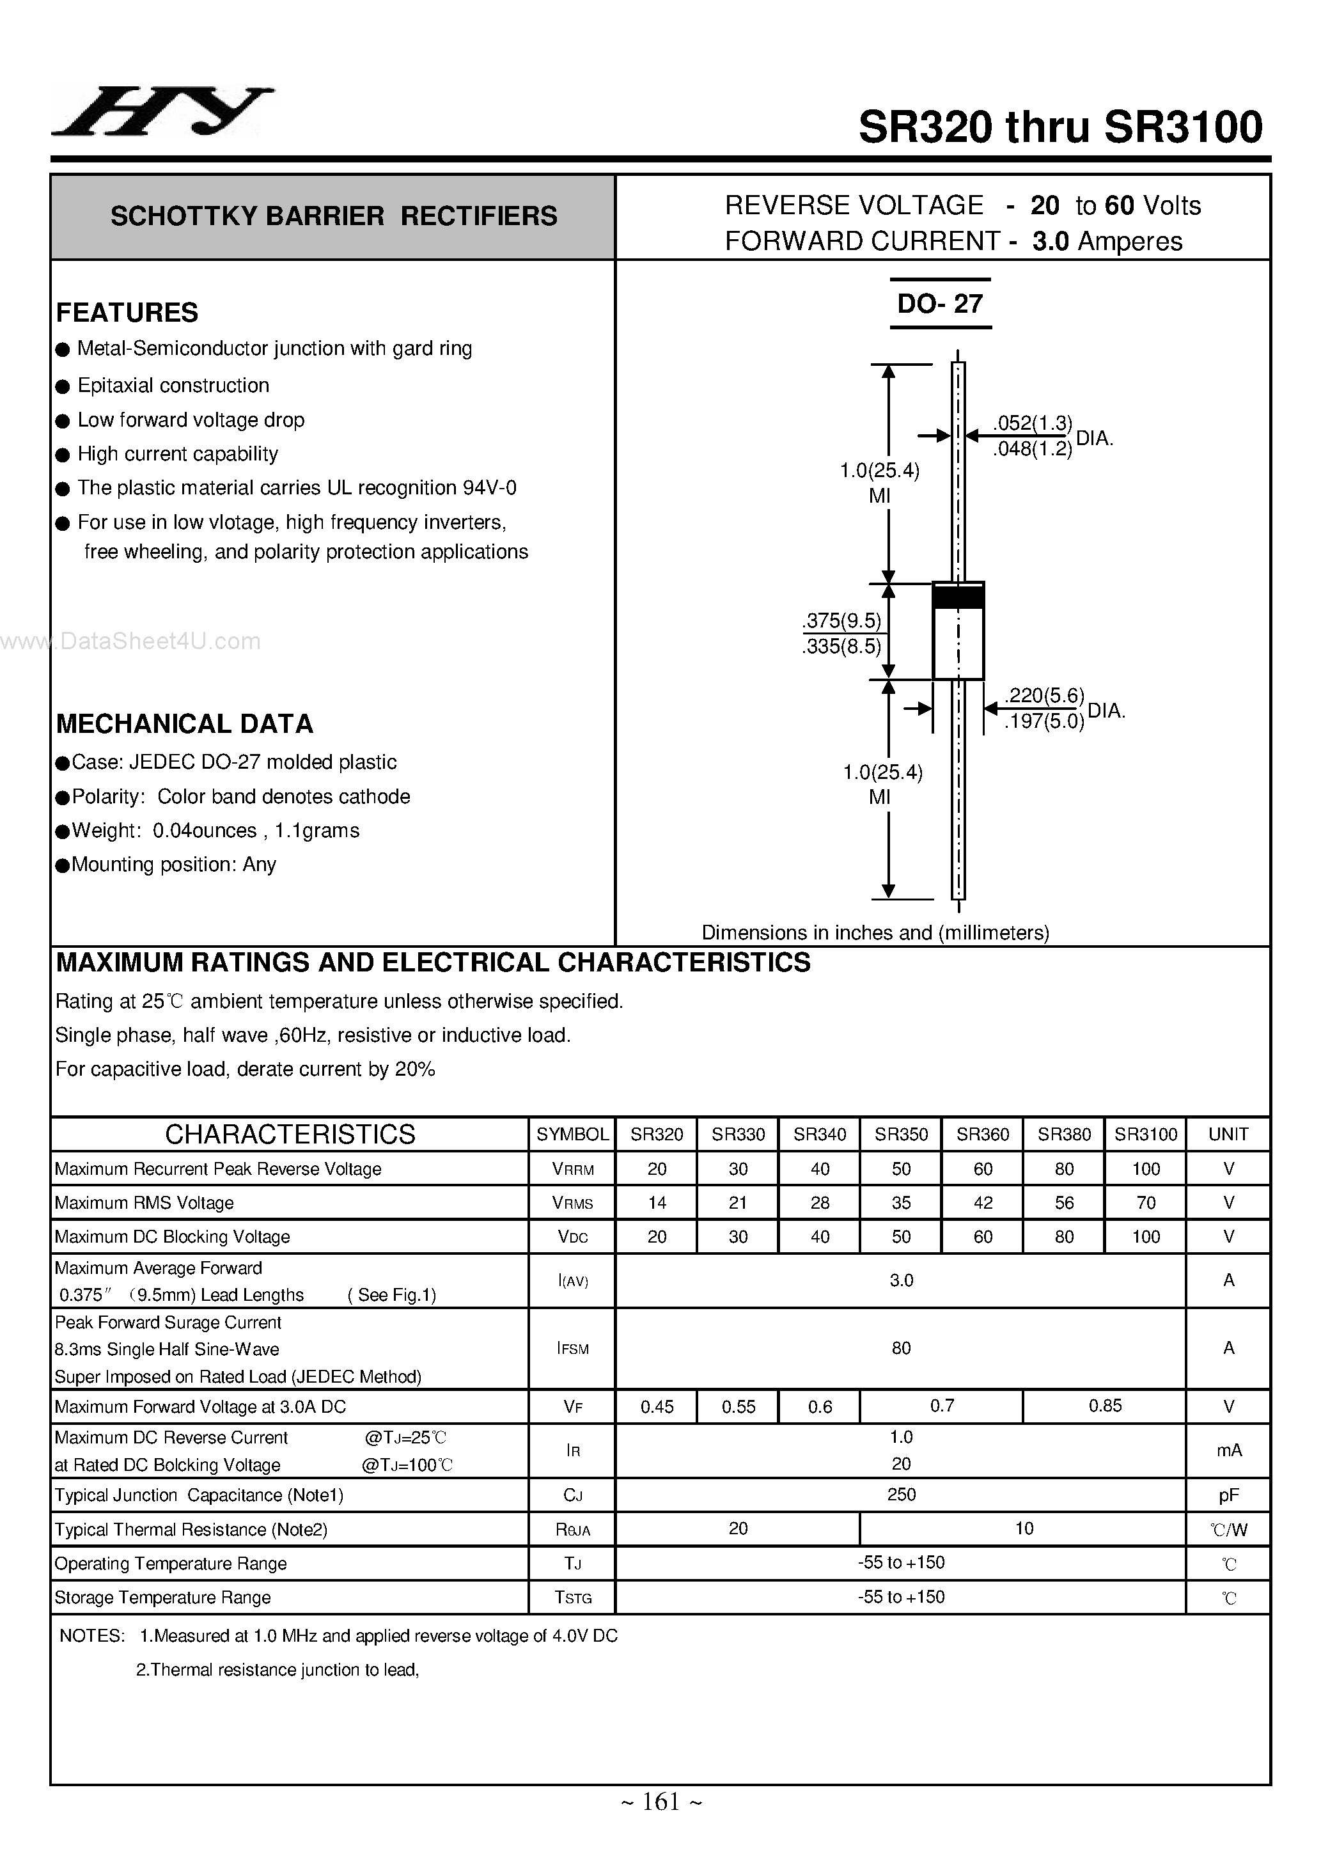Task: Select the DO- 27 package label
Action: pos(940,304)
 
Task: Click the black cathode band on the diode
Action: pos(958,596)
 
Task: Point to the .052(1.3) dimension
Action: pos(1032,423)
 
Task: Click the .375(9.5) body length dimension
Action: pos(841,620)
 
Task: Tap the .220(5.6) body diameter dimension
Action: pos(1044,696)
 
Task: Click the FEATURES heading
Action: pos(127,313)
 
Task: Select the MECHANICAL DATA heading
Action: pos(184,724)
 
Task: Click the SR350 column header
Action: pos(901,1134)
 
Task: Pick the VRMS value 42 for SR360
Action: pos(982,1203)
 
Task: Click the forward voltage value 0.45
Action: pos(657,1406)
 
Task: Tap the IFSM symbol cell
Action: pos(572,1349)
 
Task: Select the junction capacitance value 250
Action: pos(901,1495)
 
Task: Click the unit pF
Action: pos(1228,1495)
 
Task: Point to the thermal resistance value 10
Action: pos(1024,1528)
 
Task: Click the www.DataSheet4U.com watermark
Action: pos(130,642)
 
